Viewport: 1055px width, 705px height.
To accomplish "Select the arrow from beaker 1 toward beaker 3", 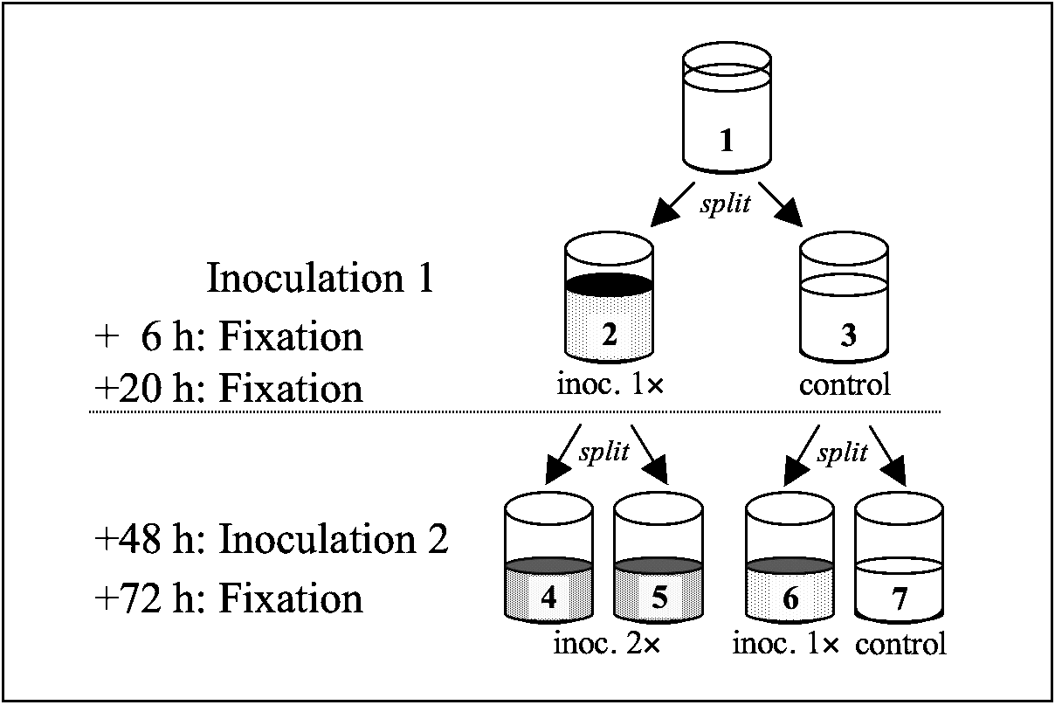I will [x=779, y=204].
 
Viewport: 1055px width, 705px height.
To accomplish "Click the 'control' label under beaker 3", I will [x=845, y=385].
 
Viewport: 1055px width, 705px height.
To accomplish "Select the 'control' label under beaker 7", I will [x=900, y=646].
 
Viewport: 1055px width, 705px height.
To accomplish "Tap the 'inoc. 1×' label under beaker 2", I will [x=610, y=385].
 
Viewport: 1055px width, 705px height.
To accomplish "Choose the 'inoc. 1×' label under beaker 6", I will [x=784, y=646].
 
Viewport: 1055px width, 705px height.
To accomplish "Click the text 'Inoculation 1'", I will [x=320, y=280].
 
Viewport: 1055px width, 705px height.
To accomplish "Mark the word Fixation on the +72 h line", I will [x=290, y=599].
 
